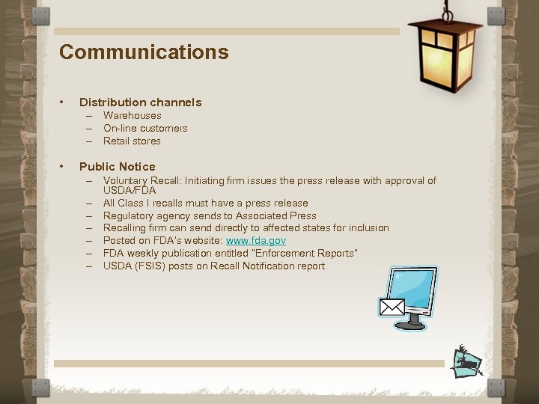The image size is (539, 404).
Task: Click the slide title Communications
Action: coord(144,52)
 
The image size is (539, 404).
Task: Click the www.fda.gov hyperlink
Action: coord(256,241)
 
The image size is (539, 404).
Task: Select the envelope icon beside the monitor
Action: coord(392,307)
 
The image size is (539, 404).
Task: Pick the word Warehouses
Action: coord(132,116)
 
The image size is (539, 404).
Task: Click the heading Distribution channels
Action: coord(140,102)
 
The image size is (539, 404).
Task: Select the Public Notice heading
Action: coord(117,167)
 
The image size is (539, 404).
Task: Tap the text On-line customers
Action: coord(145,129)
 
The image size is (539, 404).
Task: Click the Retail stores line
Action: coord(132,141)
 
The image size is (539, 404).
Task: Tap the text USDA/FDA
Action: coord(130,191)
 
